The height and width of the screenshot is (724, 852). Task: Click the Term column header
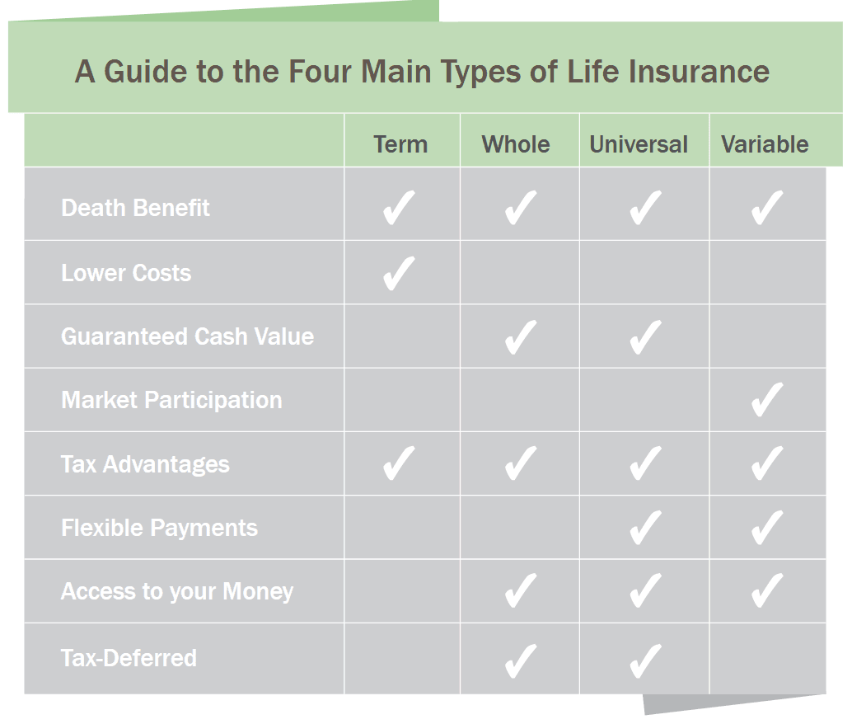pyautogui.click(x=400, y=144)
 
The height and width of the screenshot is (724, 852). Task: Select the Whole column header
pyautogui.click(x=516, y=144)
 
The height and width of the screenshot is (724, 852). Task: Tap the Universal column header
pyautogui.click(x=639, y=144)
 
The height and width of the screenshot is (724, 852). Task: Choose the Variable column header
pyautogui.click(x=765, y=144)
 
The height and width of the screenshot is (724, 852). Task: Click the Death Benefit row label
pyautogui.click(x=135, y=208)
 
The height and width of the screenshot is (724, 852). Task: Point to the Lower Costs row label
pyautogui.click(x=126, y=273)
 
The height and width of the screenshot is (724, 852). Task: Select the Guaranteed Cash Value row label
pyautogui.click(x=188, y=336)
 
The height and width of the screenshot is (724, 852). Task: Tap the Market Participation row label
pyautogui.click(x=171, y=401)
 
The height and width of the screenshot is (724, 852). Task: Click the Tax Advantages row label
pyautogui.click(x=145, y=464)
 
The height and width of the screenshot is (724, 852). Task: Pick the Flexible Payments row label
pyautogui.click(x=159, y=529)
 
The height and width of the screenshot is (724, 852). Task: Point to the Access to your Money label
pyautogui.click(x=177, y=592)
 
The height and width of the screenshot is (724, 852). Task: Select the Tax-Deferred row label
pyautogui.click(x=129, y=658)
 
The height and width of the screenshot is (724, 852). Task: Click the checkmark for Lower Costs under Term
pyautogui.click(x=399, y=274)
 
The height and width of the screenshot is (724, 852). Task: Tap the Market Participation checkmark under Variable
pyautogui.click(x=767, y=400)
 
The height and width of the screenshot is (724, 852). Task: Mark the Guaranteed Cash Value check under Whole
pyautogui.click(x=521, y=338)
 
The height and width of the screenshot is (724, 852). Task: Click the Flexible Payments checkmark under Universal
pyautogui.click(x=645, y=528)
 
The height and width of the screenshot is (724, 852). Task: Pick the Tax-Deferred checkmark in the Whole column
pyautogui.click(x=521, y=661)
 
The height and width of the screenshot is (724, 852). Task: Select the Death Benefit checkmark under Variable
pyautogui.click(x=767, y=208)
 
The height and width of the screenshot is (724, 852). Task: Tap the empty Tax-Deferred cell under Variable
pyautogui.click(x=767, y=659)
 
